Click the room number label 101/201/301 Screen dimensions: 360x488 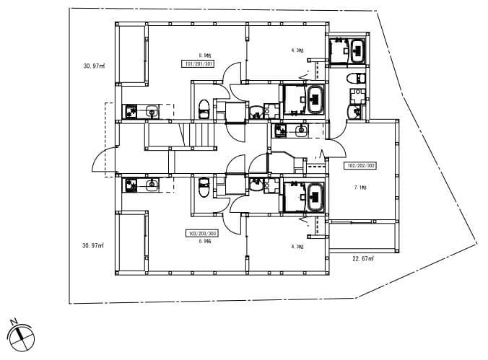(199, 63)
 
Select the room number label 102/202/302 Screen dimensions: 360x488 (361, 165)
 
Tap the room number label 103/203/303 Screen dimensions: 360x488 (202, 234)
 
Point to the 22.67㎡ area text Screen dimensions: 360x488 (362, 258)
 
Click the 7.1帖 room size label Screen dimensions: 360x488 (360, 188)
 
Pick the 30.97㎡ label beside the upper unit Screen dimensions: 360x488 (94, 66)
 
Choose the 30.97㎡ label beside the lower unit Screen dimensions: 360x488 (94, 245)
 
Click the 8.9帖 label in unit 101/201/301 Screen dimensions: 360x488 (204, 54)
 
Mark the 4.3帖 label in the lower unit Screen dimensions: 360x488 (297, 247)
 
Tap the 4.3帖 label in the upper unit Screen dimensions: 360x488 (297, 51)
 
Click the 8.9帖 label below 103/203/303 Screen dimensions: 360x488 (204, 242)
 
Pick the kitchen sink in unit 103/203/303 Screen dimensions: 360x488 (152, 185)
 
